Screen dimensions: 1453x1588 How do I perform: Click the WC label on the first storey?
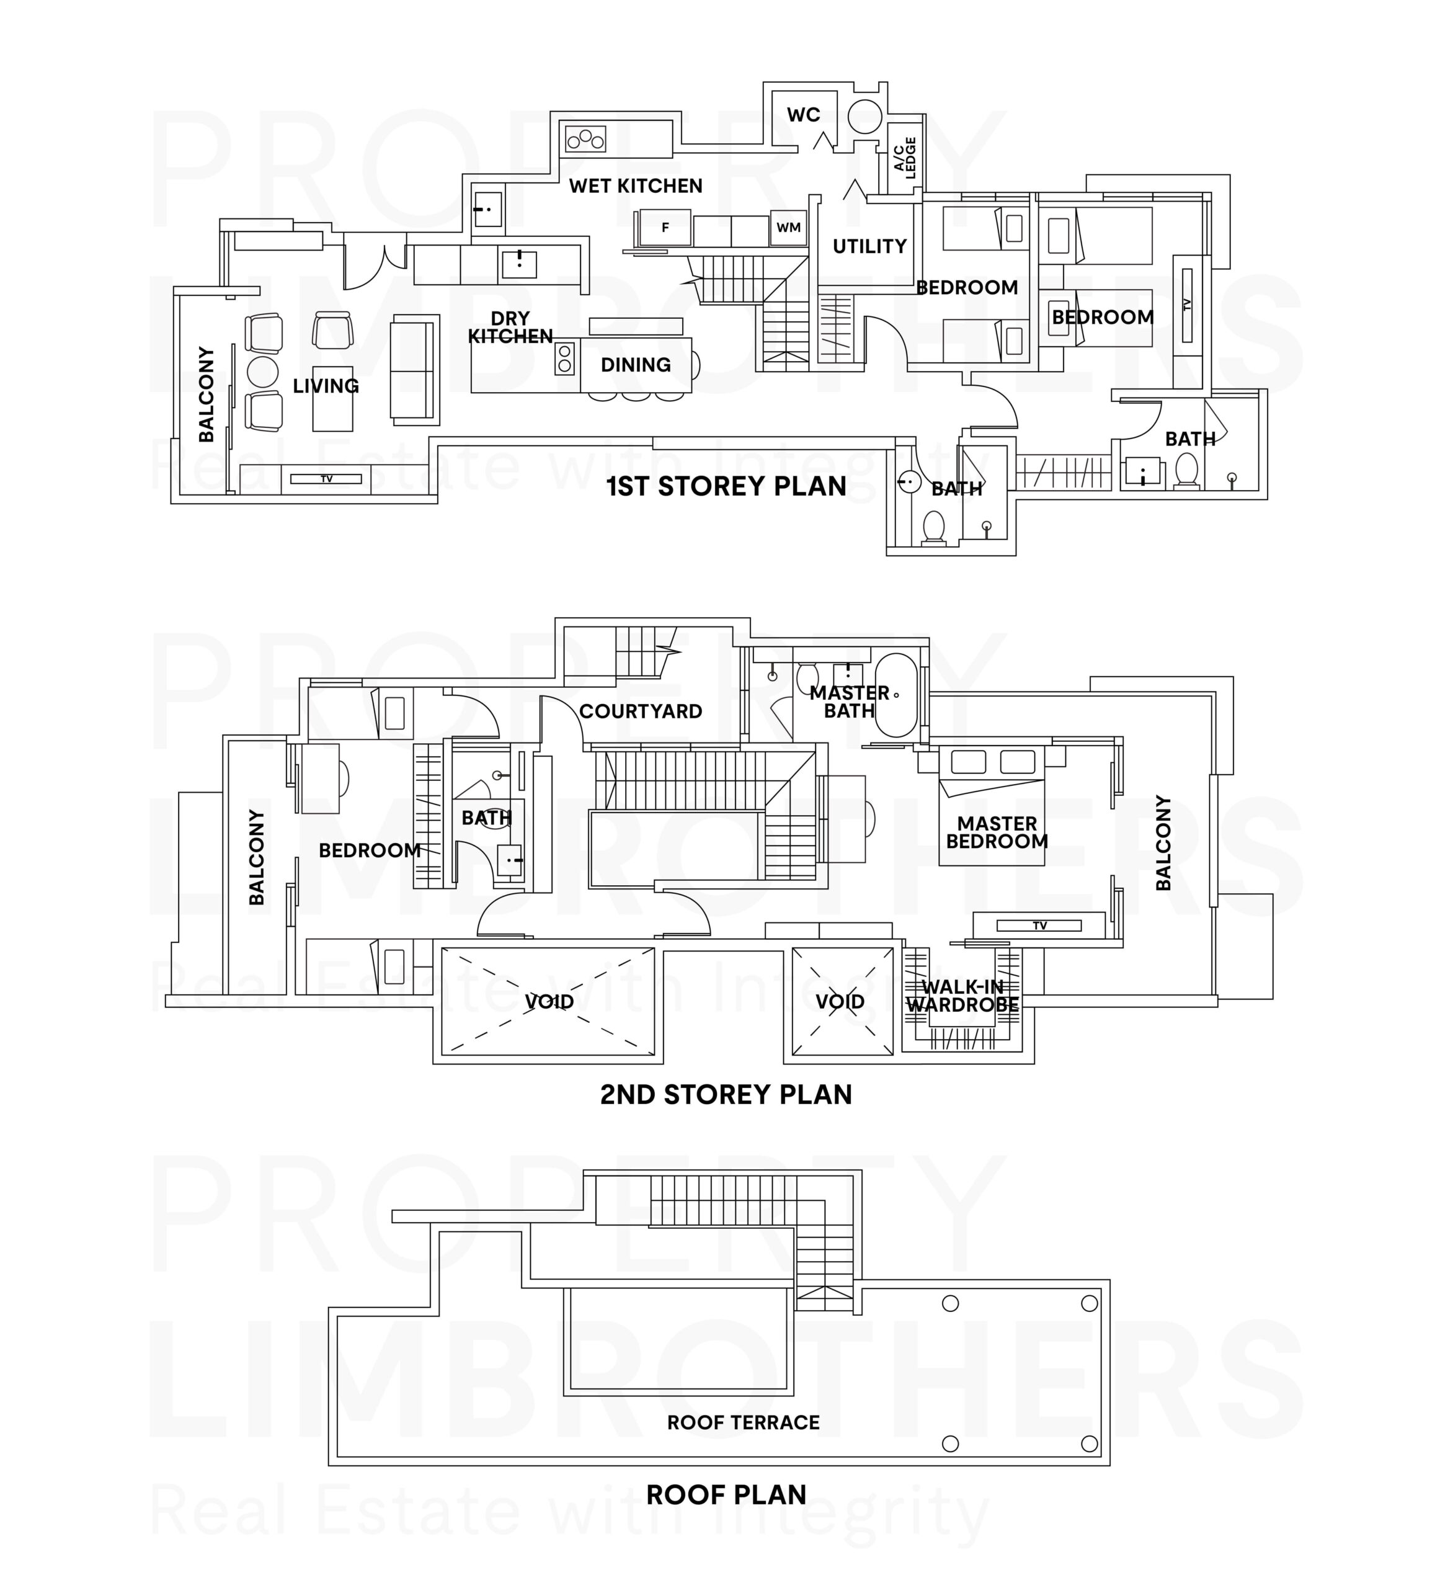tap(803, 115)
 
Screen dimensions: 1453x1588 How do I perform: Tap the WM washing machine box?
tap(788, 228)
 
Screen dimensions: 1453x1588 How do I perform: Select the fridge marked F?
tap(665, 228)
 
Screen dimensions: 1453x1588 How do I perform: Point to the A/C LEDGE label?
tap(905, 158)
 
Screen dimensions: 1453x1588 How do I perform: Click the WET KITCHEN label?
tap(636, 186)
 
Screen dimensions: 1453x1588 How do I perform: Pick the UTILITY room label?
tap(869, 246)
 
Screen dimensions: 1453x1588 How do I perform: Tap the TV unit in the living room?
tap(326, 479)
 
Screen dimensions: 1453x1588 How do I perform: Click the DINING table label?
tap(636, 365)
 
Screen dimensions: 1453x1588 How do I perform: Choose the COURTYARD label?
tap(640, 711)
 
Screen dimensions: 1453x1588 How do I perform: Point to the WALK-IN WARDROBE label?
tap(962, 996)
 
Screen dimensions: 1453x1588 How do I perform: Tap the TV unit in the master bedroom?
tap(1039, 926)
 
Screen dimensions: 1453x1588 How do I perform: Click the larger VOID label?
tap(549, 1001)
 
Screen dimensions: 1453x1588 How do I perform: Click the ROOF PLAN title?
tap(726, 1494)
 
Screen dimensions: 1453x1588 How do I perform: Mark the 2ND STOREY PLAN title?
tap(726, 1094)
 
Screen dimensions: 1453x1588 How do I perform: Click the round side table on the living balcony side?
tap(262, 370)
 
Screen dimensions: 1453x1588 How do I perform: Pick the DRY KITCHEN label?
tap(510, 328)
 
